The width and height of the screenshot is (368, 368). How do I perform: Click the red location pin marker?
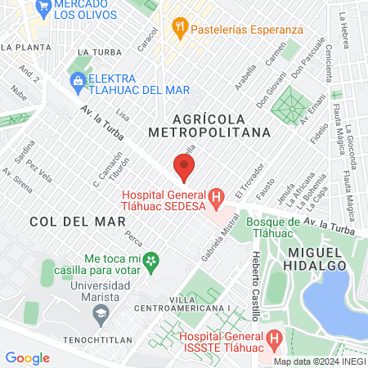click(184, 168)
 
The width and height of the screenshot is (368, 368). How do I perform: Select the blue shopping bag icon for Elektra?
click(78, 80)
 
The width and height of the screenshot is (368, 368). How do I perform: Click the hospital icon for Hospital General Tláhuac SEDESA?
click(216, 196)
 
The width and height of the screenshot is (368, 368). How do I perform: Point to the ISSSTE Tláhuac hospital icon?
click(274, 337)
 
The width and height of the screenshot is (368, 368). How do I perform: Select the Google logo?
click(27, 357)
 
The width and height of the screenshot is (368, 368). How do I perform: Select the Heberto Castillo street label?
click(256, 274)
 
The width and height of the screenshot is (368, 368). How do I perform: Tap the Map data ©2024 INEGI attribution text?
click(317, 361)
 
